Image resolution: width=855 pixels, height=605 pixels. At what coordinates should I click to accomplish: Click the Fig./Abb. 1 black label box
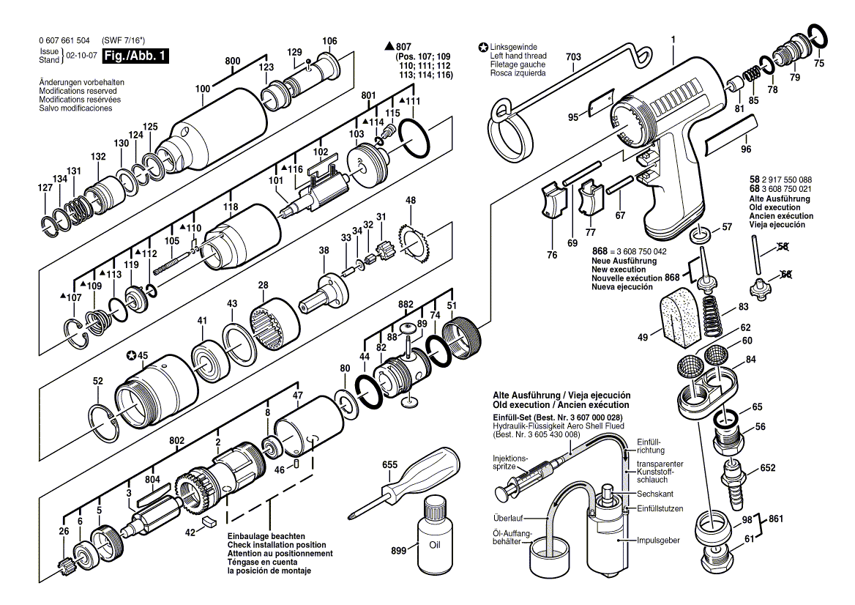(135, 56)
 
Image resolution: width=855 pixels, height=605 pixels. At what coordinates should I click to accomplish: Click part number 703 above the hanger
(573, 56)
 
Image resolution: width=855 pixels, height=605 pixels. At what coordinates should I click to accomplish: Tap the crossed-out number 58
(783, 247)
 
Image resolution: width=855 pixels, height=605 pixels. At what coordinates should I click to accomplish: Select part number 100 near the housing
(203, 89)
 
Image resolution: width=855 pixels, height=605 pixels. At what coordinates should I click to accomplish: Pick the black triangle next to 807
(389, 46)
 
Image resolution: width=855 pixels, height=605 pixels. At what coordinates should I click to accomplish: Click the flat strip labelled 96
(729, 141)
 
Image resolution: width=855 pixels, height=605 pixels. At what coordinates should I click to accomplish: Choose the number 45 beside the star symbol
(143, 356)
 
